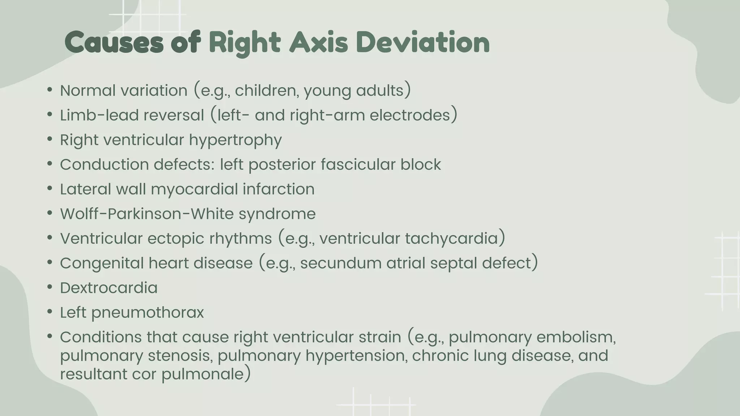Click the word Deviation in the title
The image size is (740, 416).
coord(422,43)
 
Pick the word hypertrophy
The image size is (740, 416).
coord(235,140)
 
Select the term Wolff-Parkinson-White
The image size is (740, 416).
coord(147,214)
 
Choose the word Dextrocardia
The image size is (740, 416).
coord(109,288)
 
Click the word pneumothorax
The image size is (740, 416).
coord(148,313)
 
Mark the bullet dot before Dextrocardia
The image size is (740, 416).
coord(50,287)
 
